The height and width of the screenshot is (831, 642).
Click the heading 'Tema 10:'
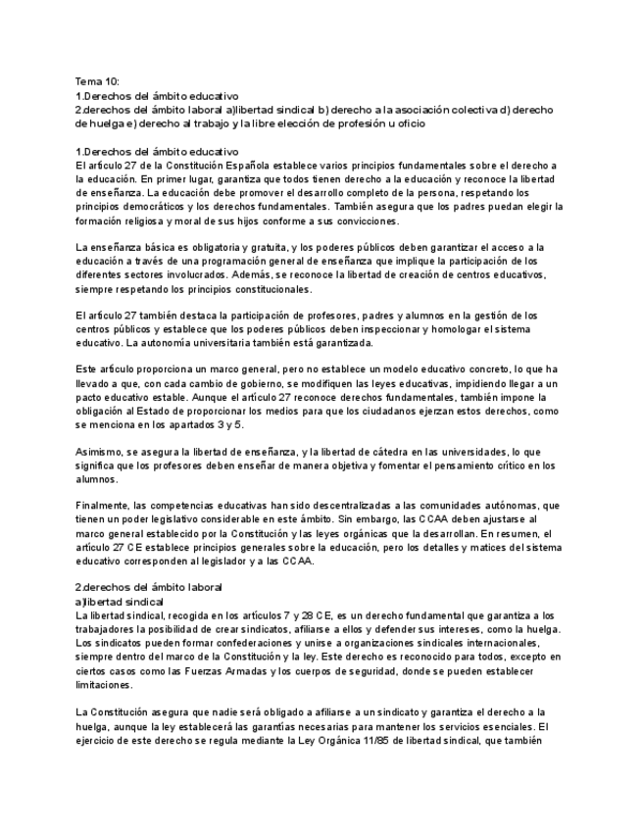(97, 81)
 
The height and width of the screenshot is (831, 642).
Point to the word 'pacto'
(88, 400)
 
